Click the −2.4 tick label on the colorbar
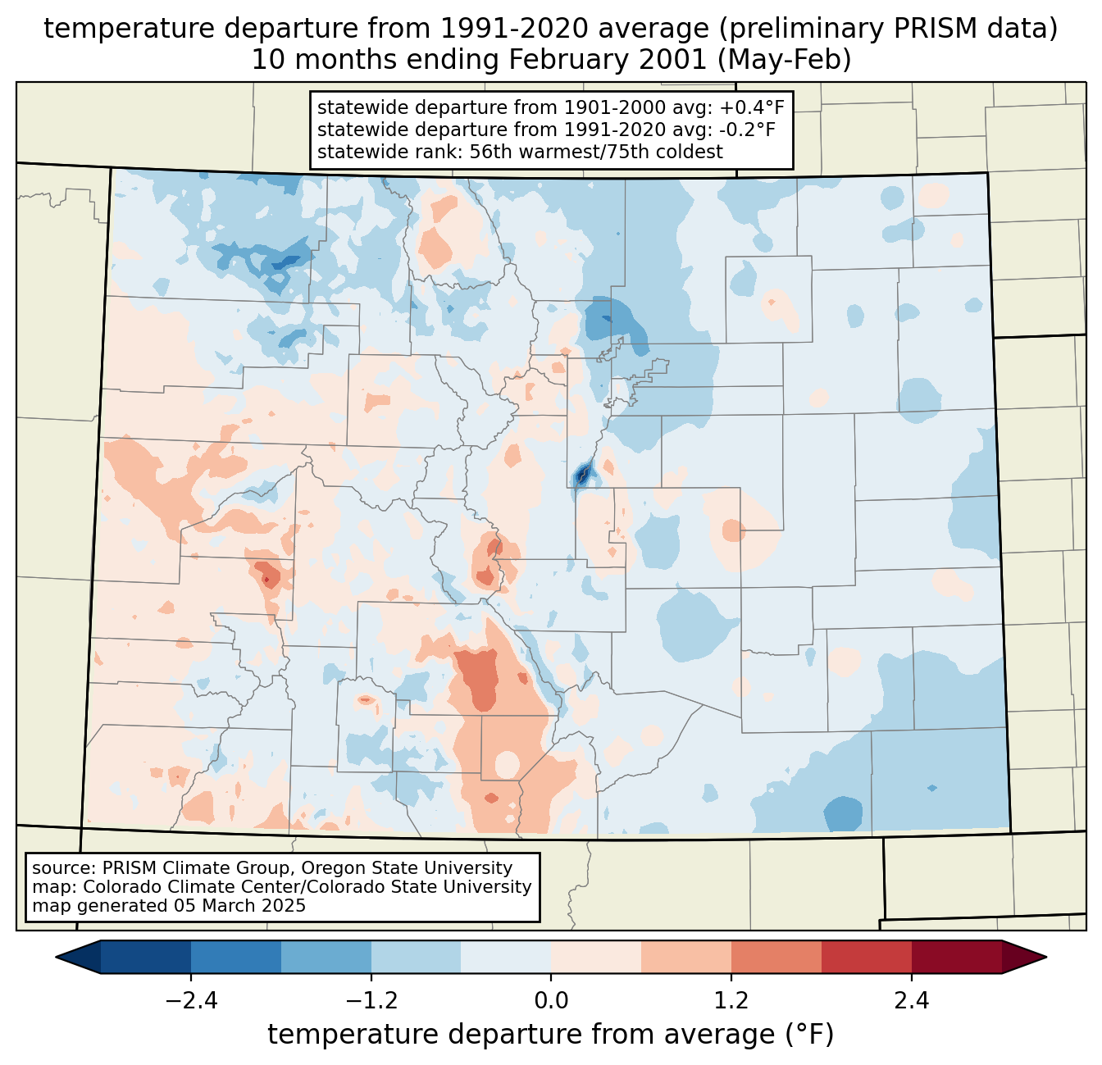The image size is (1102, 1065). click(191, 1001)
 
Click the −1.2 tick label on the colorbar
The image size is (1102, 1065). click(371, 1001)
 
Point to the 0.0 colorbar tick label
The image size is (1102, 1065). click(551, 1001)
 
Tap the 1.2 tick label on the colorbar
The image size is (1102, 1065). click(731, 1001)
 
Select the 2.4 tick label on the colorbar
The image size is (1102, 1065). click(911, 1001)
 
